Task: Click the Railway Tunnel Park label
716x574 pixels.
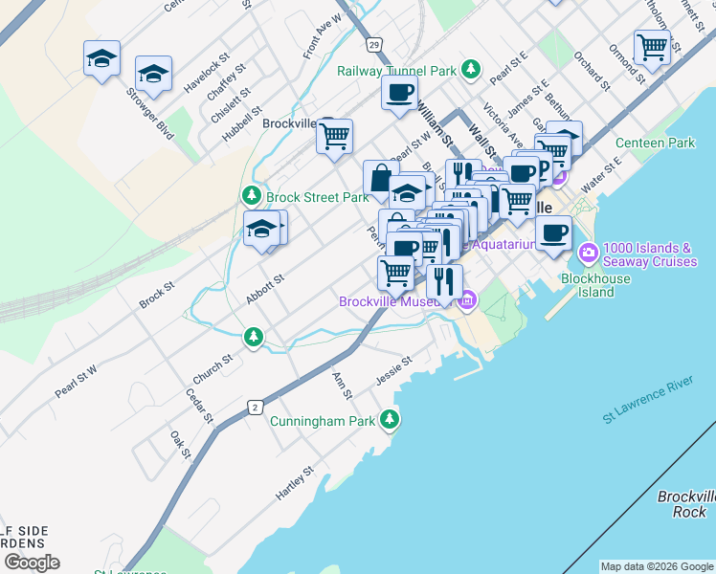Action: coord(396,70)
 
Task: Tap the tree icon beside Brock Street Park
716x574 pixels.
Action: coord(253,196)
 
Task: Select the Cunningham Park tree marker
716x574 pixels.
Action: coord(389,419)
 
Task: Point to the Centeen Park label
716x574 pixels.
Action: coord(655,143)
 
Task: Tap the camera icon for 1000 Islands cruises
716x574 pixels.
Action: coord(588,254)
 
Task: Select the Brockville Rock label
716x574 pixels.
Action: coord(686,504)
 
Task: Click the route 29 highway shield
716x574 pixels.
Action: coord(373,44)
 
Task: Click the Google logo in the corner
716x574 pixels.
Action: coord(32,563)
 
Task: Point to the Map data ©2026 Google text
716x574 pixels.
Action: coord(657,566)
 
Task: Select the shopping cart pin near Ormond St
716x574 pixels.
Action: coord(651,45)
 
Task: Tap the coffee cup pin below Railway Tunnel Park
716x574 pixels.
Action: coord(399,93)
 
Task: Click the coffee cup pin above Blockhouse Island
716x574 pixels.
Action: coord(553,232)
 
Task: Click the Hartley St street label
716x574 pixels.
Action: coord(295,485)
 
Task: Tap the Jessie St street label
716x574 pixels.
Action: coord(393,369)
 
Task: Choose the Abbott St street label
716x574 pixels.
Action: coord(265,290)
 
